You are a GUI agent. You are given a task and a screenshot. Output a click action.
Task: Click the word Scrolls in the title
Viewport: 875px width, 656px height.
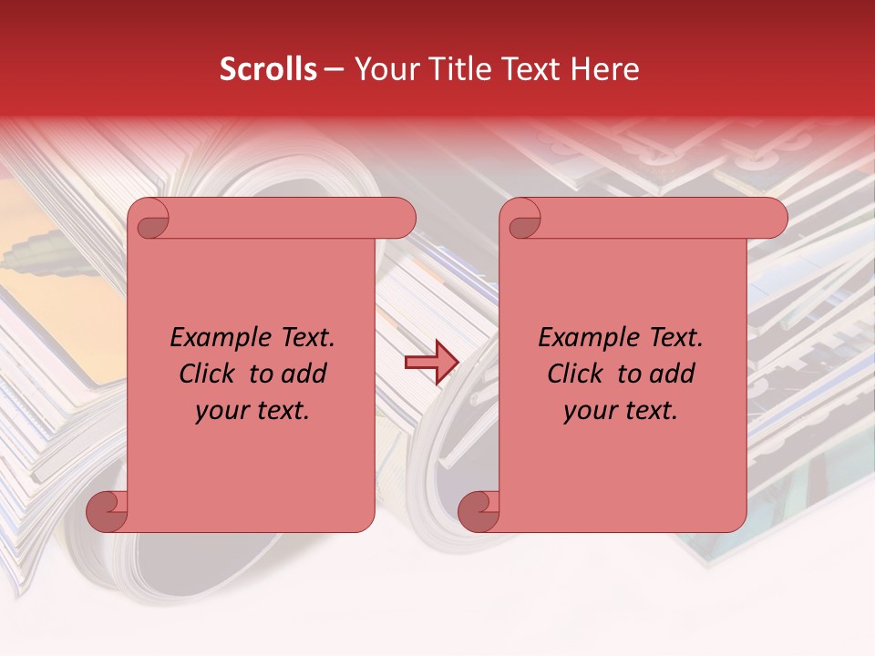tap(269, 69)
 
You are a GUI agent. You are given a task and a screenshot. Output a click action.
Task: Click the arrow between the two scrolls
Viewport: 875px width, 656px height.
tap(431, 362)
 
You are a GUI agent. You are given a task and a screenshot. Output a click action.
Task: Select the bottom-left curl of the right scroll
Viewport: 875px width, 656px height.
tap(479, 510)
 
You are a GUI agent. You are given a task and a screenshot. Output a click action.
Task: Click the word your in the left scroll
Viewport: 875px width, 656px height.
tap(220, 411)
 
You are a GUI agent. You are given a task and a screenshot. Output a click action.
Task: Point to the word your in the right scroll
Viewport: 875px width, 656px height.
tap(588, 411)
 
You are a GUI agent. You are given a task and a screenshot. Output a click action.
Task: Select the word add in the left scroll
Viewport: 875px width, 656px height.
tap(305, 374)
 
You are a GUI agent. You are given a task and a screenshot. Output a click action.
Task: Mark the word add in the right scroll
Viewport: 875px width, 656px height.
tap(674, 374)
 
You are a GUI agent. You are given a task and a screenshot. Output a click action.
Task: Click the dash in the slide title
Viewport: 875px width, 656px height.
tap(335, 70)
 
